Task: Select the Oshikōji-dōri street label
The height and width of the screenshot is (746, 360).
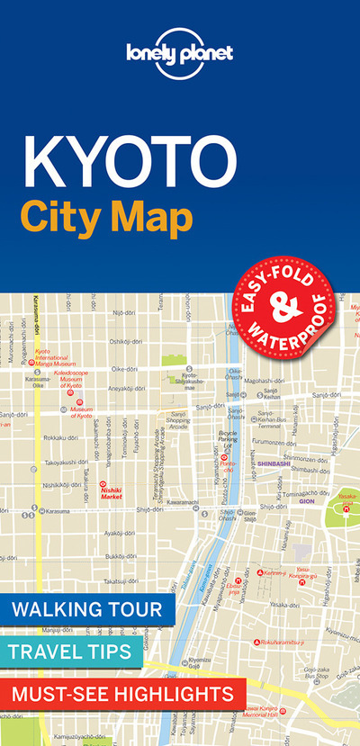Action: click(126, 342)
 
